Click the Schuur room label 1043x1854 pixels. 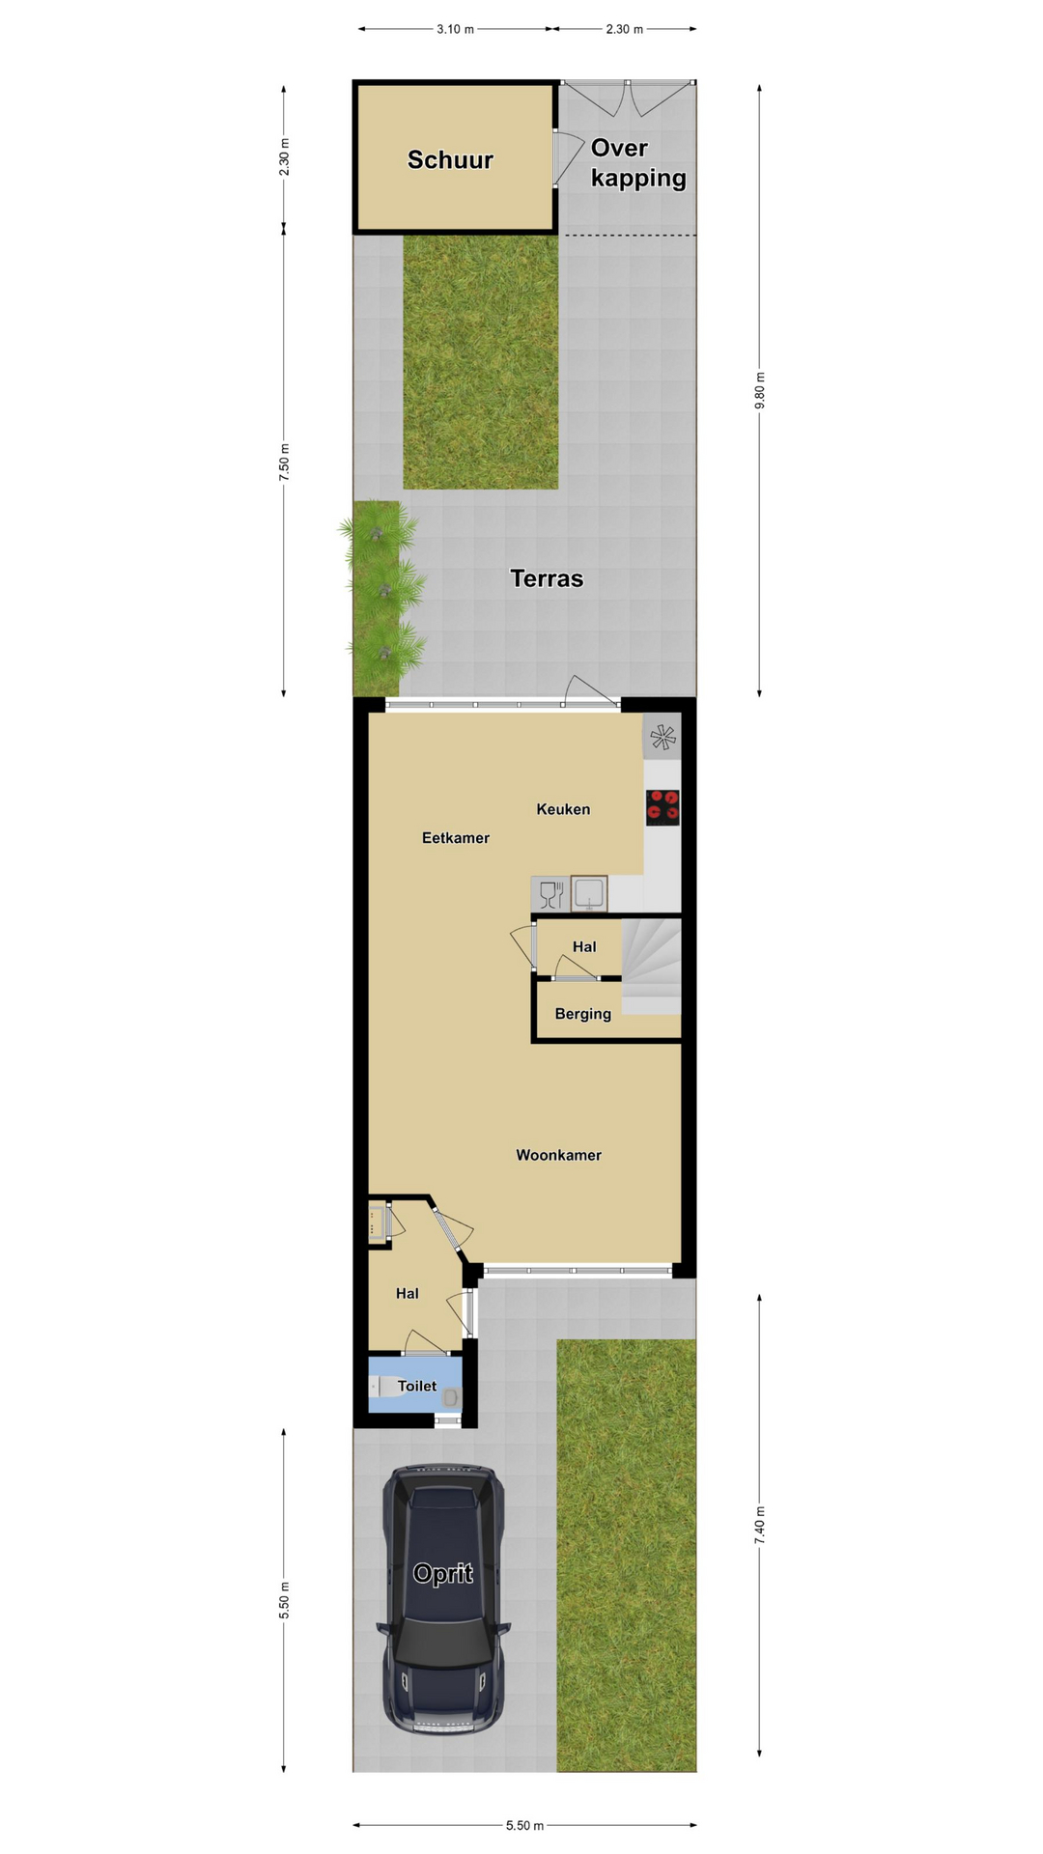click(450, 160)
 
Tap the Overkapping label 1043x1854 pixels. click(638, 163)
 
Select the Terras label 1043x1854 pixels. click(547, 578)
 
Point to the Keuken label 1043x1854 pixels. click(563, 809)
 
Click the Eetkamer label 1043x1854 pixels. click(456, 838)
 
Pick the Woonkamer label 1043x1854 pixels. click(558, 1155)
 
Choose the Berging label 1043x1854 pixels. click(582, 1014)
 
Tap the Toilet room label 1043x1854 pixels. click(417, 1386)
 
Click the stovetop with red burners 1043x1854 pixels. click(662, 807)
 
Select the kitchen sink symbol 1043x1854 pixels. click(589, 894)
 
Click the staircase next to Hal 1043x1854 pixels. click(651, 966)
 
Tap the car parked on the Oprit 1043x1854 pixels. click(443, 1600)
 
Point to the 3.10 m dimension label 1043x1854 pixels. click(456, 29)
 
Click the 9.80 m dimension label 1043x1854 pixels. click(760, 390)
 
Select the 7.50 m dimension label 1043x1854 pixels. click(284, 463)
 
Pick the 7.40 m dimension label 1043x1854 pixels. click(760, 1525)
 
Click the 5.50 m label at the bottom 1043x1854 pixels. click(524, 1825)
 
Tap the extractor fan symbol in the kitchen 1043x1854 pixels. click(662, 738)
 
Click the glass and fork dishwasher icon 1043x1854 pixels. click(551, 894)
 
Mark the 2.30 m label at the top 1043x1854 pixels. click(625, 29)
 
